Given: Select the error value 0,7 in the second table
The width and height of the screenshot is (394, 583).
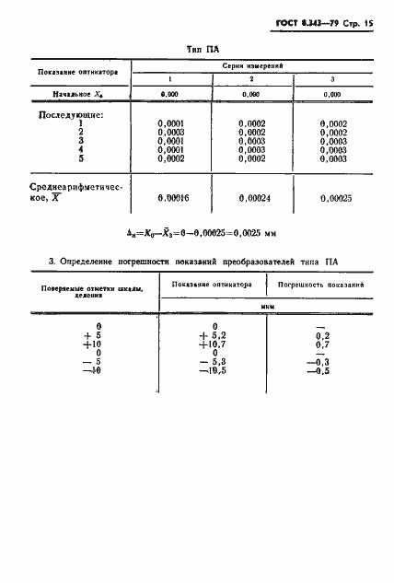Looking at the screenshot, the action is pyautogui.click(x=322, y=344).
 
